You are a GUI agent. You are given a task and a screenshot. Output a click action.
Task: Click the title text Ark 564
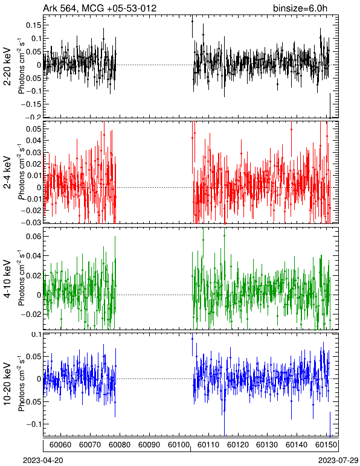(x=60, y=8)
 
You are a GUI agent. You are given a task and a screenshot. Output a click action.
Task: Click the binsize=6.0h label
(x=300, y=8)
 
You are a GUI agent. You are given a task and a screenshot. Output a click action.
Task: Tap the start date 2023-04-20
(x=43, y=460)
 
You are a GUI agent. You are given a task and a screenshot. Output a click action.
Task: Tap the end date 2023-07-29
(x=338, y=460)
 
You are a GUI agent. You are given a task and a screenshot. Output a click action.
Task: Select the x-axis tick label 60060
(x=60, y=445)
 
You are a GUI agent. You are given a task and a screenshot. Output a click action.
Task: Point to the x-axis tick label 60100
(x=179, y=445)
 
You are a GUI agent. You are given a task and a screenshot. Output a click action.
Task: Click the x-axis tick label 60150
(x=326, y=445)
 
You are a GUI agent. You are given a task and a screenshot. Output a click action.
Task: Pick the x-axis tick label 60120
(x=238, y=445)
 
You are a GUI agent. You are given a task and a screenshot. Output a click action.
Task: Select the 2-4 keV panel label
(x=7, y=173)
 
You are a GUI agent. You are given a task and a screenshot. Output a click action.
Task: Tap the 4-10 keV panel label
(x=7, y=278)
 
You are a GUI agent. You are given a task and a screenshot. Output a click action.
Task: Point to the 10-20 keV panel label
(x=7, y=384)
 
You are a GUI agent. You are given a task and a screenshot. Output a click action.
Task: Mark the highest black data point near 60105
(x=192, y=21)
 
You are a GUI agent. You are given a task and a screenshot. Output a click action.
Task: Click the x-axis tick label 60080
(x=119, y=445)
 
